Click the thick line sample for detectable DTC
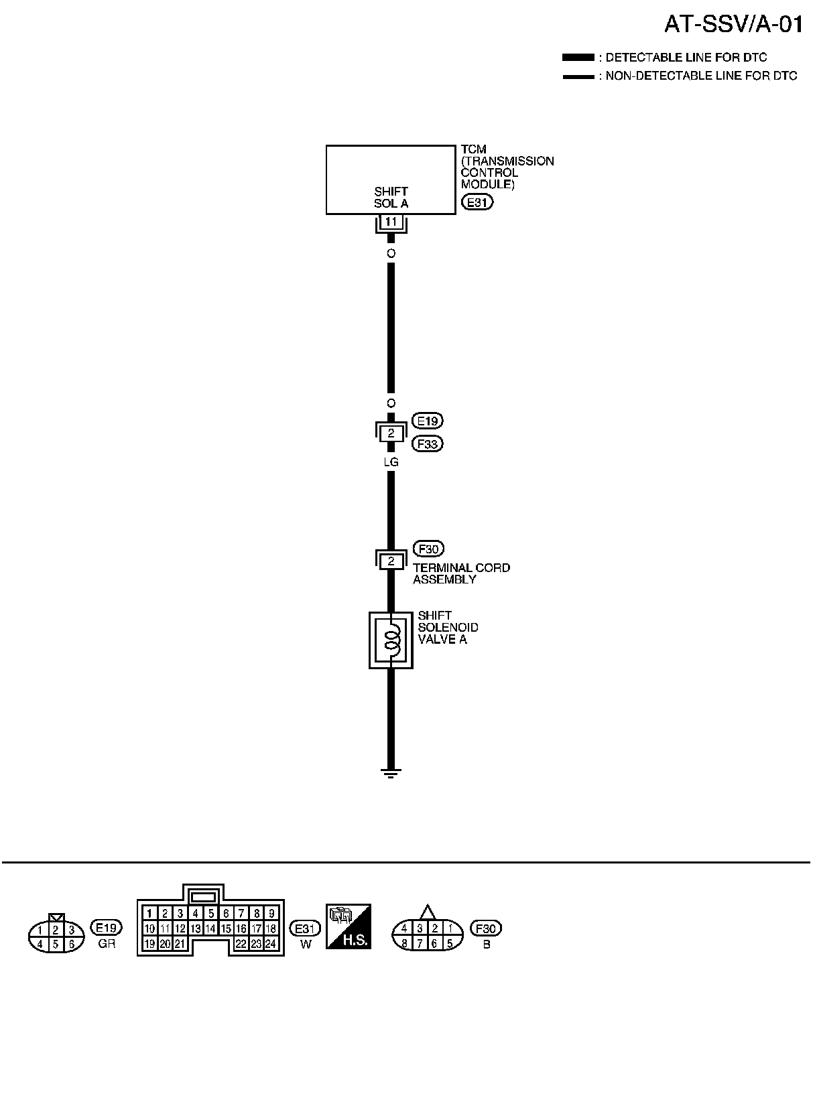click(x=578, y=58)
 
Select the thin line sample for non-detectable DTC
click(x=578, y=76)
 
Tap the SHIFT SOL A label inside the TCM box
click(x=391, y=198)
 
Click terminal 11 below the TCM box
click(x=391, y=222)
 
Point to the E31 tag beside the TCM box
click(x=477, y=202)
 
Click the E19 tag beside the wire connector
click(x=428, y=421)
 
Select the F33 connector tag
click(x=428, y=443)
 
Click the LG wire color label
click(x=391, y=462)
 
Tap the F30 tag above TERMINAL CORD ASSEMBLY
click(x=428, y=549)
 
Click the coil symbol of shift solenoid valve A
click(x=391, y=639)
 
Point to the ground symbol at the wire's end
click(x=391, y=773)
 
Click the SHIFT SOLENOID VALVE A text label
click(x=448, y=627)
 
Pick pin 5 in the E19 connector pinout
click(x=56, y=945)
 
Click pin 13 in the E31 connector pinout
click(x=195, y=928)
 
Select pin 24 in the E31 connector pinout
click(x=271, y=944)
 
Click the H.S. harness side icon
click(x=348, y=926)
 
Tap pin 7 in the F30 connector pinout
click(x=419, y=944)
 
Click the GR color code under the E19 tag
click(x=107, y=945)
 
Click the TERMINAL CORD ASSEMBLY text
click(x=461, y=573)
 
